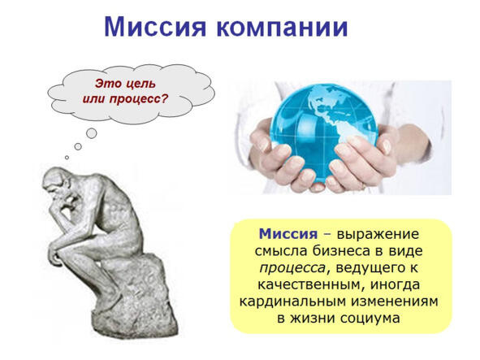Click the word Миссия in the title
155,28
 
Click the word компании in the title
283,28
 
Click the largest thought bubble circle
92,133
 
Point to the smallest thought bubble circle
67,158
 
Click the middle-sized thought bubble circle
78,146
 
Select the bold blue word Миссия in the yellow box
288,234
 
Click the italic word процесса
292,268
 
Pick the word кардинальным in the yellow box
292,301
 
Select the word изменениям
395,301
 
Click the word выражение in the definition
378,235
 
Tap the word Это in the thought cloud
109,84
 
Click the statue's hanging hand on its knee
55,256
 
